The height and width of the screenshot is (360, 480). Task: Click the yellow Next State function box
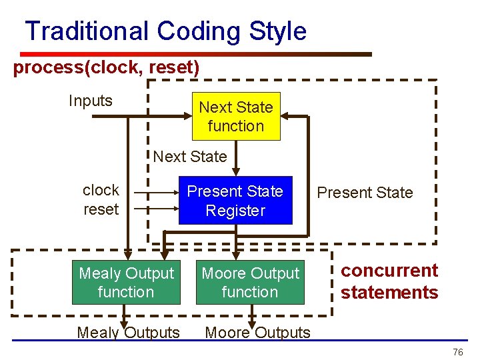[236, 117]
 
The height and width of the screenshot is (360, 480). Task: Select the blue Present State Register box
[235, 201]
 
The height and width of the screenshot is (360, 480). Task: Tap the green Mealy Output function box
[126, 283]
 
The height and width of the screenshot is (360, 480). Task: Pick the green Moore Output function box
[250, 283]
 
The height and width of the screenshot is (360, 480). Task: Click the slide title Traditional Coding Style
[165, 31]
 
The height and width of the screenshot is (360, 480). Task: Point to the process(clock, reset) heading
[106, 68]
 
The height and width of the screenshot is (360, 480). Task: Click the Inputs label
[91, 101]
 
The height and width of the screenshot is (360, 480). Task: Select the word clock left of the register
[101, 190]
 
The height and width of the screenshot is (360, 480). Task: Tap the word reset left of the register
[101, 209]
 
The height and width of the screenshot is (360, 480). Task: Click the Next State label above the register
[190, 157]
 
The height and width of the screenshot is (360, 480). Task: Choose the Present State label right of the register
[365, 193]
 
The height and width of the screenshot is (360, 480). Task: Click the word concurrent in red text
[389, 271]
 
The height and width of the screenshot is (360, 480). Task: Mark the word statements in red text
[389, 292]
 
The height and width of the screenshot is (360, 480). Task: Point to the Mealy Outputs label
[129, 332]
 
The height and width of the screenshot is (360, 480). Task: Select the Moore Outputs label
[257, 332]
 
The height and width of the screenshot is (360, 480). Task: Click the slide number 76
[457, 352]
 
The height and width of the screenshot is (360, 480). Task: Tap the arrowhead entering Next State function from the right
[286, 117]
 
